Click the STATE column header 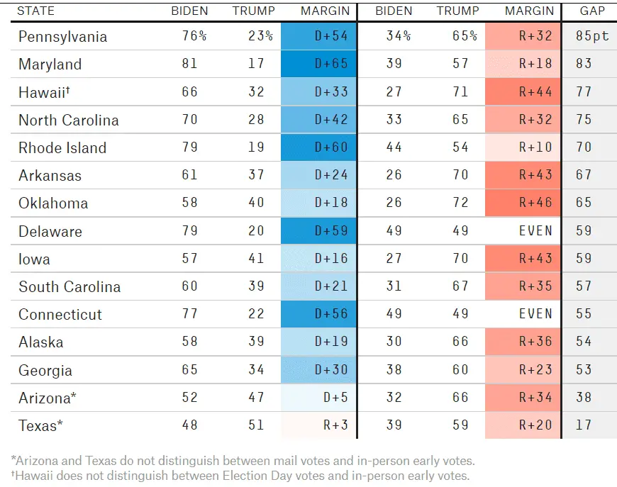click(35, 11)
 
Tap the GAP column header click(592, 11)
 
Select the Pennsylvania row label click(62, 37)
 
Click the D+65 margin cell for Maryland click(318, 64)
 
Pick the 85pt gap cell click(592, 35)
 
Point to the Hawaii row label click(44, 92)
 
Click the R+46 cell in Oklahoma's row click(523, 203)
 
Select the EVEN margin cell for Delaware click(523, 230)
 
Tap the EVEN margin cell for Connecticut click(523, 313)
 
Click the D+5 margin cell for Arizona click(318, 397)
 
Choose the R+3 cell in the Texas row click(318, 425)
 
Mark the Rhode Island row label click(62, 148)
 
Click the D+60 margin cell click(318, 147)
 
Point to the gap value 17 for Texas click(584, 425)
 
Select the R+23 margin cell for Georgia click(523, 370)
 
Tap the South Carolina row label click(70, 287)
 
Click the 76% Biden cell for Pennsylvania click(194, 35)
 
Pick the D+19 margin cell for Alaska click(318, 342)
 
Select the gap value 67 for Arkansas click(584, 174)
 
